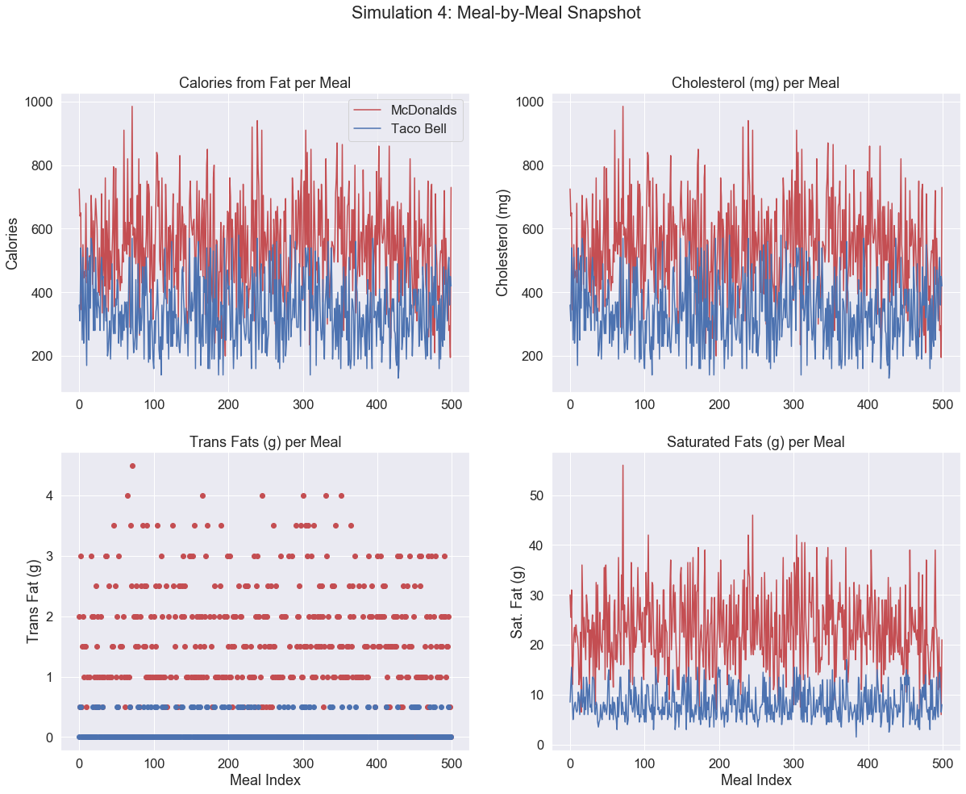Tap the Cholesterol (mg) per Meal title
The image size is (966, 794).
pyautogui.click(x=756, y=82)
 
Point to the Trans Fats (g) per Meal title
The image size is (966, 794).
pyautogui.click(x=264, y=441)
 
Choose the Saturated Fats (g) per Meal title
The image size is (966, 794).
pyautogui.click(x=756, y=441)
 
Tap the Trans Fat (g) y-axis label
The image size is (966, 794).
pyautogui.click(x=34, y=601)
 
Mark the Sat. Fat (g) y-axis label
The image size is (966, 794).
pyautogui.click(x=519, y=601)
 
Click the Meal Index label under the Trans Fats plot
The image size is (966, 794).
pyautogui.click(x=264, y=779)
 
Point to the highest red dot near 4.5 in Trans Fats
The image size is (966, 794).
pyautogui.click(x=132, y=466)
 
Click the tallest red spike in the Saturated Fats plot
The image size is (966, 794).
pyautogui.click(x=622, y=466)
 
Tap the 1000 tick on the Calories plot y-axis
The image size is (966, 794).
pyautogui.click(x=38, y=102)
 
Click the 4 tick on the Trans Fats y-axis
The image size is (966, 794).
pyautogui.click(x=48, y=495)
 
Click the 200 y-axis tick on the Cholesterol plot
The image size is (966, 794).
pyautogui.click(x=533, y=357)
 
